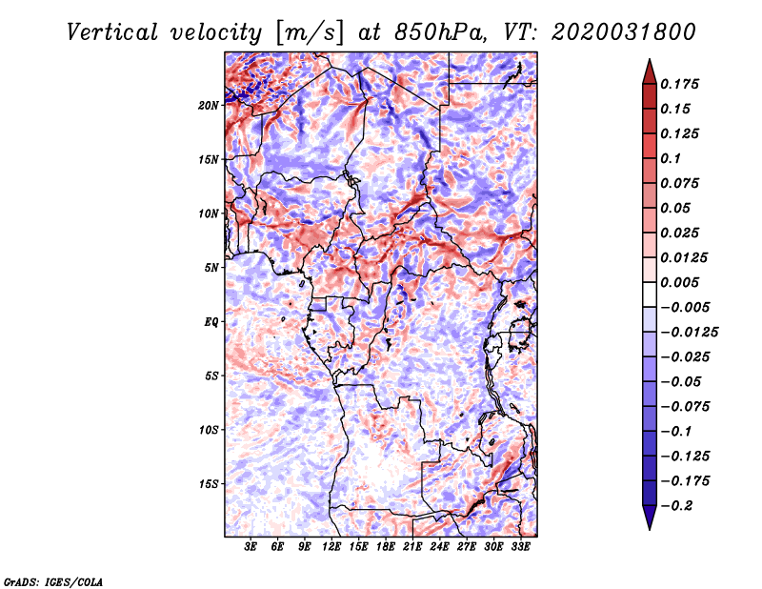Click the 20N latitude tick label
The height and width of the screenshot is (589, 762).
tap(209, 105)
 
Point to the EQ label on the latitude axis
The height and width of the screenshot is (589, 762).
tap(211, 322)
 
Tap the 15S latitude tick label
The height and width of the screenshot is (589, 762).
tap(209, 484)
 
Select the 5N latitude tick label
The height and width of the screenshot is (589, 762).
tap(211, 268)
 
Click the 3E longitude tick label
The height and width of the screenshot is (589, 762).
tap(251, 547)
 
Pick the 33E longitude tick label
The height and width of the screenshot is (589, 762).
tap(520, 547)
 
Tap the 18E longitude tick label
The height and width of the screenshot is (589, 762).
tap(385, 547)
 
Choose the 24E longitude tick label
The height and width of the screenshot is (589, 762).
tap(439, 547)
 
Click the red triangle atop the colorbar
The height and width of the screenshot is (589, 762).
tap(648, 71)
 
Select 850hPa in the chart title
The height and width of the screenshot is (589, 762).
tap(422, 31)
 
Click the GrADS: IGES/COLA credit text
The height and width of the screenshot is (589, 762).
tap(53, 580)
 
